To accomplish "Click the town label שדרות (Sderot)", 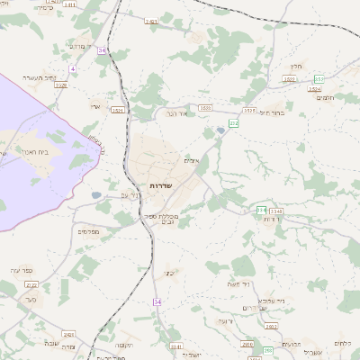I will pos(161,184).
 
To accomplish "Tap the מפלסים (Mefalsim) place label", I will pos(88,231).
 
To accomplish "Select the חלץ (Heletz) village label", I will pos(296,66).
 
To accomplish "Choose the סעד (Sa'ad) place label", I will pos(31,298).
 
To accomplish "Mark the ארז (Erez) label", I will pos(95,106).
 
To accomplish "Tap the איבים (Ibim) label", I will pos(191,160).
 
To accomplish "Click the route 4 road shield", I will pos(72,68).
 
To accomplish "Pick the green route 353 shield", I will pos(319,79).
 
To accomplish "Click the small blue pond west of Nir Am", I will pos(96,194).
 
